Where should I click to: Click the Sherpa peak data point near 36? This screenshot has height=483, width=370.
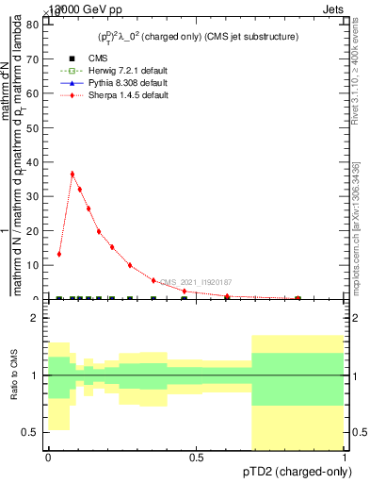(x=72, y=174)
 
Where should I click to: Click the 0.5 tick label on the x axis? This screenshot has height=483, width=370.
(x=196, y=457)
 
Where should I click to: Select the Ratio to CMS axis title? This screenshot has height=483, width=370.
(x=13, y=375)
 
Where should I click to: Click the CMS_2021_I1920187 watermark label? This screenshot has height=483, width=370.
(x=195, y=282)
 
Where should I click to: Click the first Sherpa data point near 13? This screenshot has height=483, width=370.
(x=59, y=254)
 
